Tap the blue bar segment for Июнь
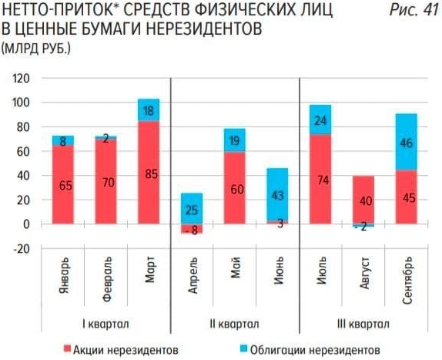pos(277,194)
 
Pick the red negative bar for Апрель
pos(192,229)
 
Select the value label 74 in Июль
pos(320,180)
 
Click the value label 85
pos(151,174)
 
